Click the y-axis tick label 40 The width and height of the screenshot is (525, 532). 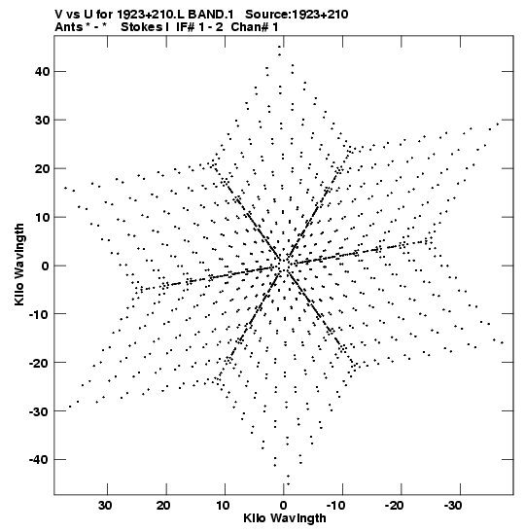(x=42, y=72)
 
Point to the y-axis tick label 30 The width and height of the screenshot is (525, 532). (x=42, y=120)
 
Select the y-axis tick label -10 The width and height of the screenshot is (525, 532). (x=39, y=314)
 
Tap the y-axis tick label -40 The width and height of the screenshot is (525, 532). (x=39, y=460)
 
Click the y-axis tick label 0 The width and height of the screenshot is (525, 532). (x=46, y=266)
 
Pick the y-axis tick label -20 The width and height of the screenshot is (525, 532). (x=39, y=363)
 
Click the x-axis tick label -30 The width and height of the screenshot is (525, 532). (x=453, y=506)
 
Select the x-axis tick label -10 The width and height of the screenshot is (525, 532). (x=335, y=506)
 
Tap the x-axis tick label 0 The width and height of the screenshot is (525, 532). (x=284, y=506)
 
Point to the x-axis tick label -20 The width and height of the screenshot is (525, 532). (x=395, y=506)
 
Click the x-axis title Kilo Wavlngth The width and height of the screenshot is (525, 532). (x=285, y=518)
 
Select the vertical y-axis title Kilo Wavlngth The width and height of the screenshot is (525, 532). (x=19, y=265)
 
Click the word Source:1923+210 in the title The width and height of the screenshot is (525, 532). (x=297, y=15)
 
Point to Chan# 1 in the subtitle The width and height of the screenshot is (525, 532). (x=255, y=27)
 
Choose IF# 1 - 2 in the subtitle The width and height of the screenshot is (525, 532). (x=199, y=27)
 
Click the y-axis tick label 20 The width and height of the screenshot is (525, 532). (x=42, y=168)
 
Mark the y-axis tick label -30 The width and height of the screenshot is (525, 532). (x=39, y=411)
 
